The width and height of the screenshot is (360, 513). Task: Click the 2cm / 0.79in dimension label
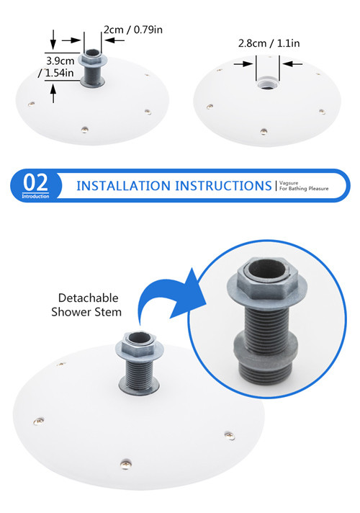[133, 30]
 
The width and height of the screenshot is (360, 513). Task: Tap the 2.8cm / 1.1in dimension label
[269, 43]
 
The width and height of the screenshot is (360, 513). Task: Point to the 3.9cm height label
[60, 61]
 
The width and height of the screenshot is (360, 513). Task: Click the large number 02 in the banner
[35, 182]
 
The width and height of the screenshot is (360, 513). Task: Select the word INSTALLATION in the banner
[124, 186]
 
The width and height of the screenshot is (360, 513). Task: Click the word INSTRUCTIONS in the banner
[223, 186]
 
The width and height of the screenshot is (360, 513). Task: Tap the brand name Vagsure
[289, 183]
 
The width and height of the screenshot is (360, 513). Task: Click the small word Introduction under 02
[35, 196]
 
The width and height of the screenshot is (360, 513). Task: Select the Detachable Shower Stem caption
[86, 305]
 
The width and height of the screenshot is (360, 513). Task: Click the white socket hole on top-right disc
[267, 84]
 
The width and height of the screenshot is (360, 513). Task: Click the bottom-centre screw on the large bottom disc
[125, 463]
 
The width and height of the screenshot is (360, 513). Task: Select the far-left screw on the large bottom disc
[39, 421]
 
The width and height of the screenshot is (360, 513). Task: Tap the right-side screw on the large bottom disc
[230, 435]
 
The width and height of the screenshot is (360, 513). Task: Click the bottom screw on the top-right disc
[264, 132]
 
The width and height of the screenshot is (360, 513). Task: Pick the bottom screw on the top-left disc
[85, 130]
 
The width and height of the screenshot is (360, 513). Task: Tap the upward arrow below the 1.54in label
[53, 93]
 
